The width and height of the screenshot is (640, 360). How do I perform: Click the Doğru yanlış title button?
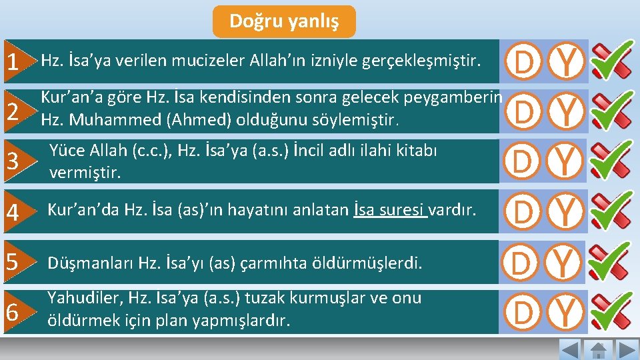click(284, 21)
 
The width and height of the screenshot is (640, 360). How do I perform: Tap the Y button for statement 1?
click(566, 62)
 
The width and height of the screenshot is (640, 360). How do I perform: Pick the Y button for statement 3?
click(566, 161)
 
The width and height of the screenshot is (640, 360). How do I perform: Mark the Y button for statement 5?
click(566, 261)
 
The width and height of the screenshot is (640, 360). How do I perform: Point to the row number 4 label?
click(13, 213)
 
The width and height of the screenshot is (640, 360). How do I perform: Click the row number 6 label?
click(13, 312)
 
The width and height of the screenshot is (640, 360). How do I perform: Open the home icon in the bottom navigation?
click(598, 349)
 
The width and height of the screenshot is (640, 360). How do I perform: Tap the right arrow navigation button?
click(627, 349)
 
